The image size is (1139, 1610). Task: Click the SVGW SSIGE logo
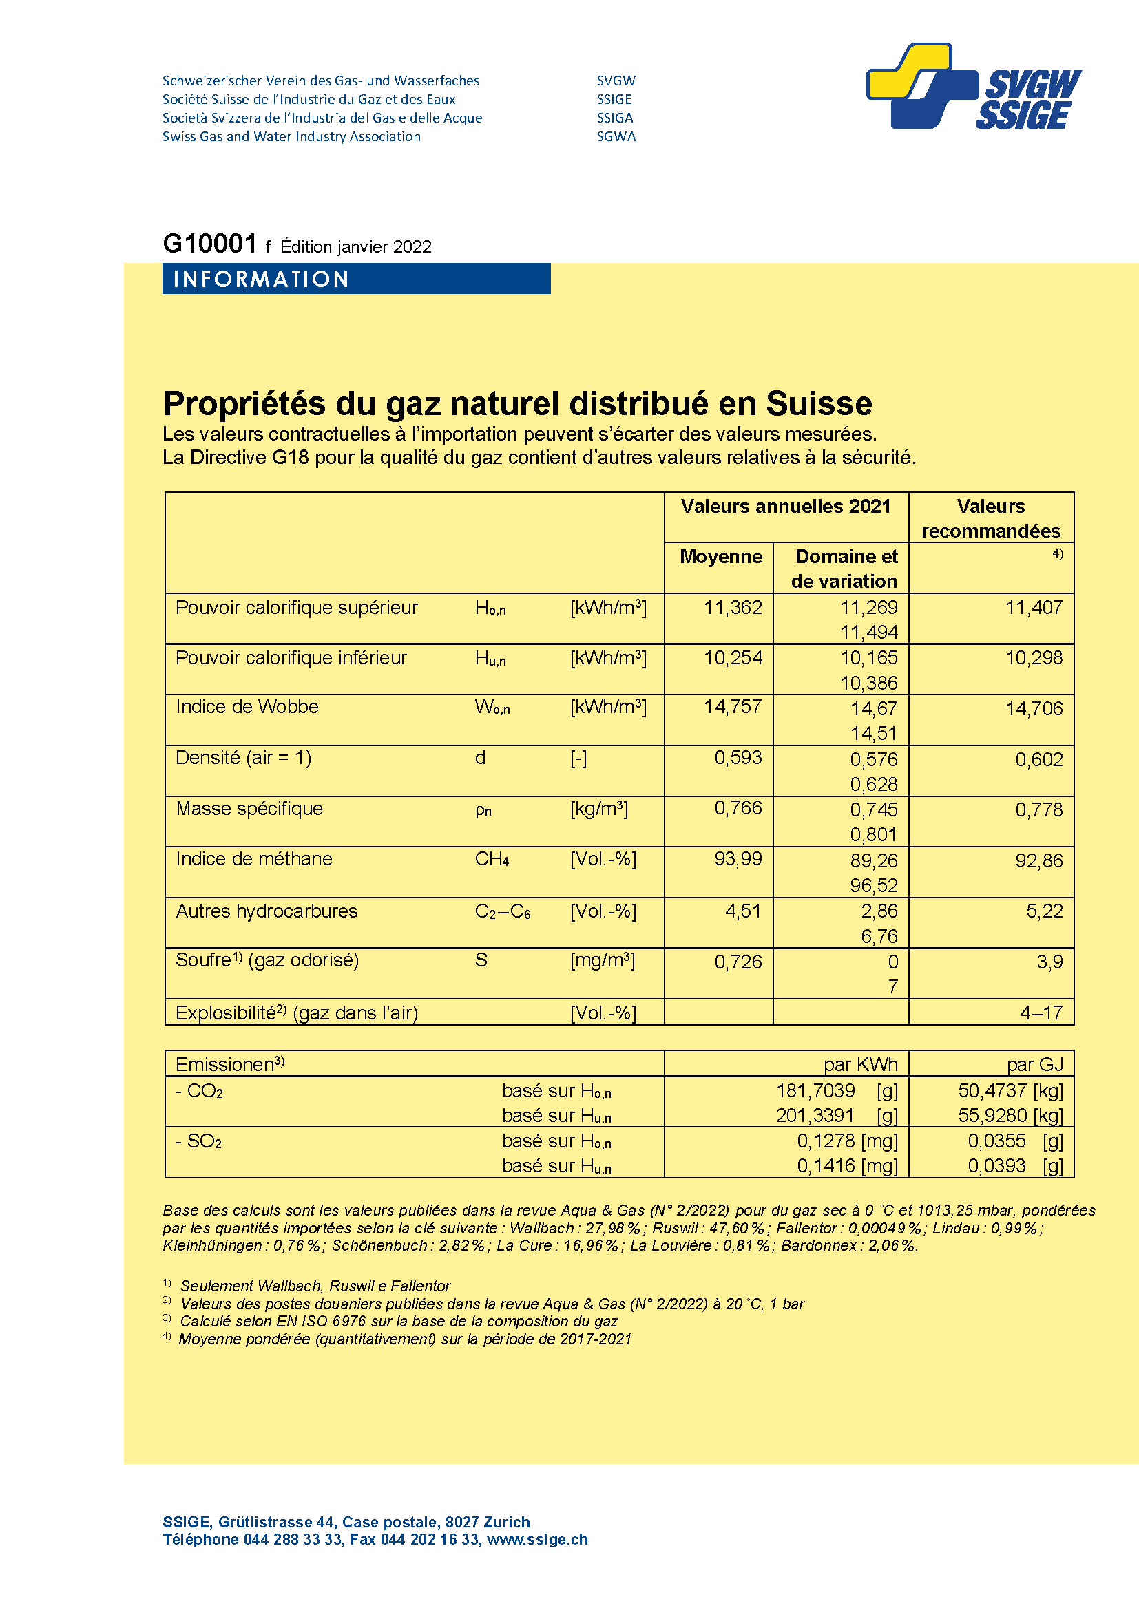[974, 87]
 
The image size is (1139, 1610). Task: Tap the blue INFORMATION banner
[355, 279]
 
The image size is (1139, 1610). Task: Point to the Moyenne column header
[720, 557]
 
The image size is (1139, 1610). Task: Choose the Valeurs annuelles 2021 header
[786, 507]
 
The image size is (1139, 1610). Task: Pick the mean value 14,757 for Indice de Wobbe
[732, 706]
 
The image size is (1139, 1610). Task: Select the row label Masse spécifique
[249, 809]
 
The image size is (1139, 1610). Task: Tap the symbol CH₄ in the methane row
[492, 859]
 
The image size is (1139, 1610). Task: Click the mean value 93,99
[738, 858]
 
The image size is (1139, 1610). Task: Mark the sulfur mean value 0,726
[738, 962]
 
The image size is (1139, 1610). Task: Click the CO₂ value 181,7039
[815, 1090]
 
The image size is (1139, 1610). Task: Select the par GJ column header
[1034, 1064]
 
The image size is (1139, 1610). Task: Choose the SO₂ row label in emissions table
[199, 1141]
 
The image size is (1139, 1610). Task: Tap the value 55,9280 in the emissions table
[992, 1115]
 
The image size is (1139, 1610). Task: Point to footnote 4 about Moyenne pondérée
[405, 1339]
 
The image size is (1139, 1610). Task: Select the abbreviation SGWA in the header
[616, 137]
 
